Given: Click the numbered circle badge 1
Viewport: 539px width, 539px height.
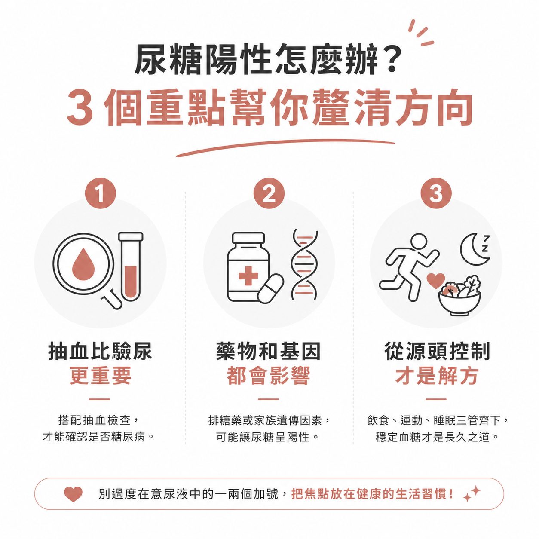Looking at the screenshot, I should pyautogui.click(x=100, y=193).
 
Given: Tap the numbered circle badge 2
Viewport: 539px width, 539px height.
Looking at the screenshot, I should pyautogui.click(x=269, y=193).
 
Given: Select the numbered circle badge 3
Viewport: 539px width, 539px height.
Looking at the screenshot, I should pyautogui.click(x=436, y=193).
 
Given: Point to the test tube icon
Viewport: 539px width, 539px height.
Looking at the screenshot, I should pyautogui.click(x=130, y=266).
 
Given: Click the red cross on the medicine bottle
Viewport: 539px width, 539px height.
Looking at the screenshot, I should pyautogui.click(x=248, y=276).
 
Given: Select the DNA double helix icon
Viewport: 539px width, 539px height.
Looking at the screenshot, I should pyautogui.click(x=304, y=264).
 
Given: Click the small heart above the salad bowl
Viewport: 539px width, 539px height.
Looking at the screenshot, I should pyautogui.click(x=435, y=281).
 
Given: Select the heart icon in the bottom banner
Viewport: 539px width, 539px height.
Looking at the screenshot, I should pyautogui.click(x=73, y=494).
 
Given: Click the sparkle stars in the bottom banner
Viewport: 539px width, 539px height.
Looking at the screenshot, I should pyautogui.click(x=472, y=494).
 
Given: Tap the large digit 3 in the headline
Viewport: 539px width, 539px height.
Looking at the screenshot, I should pyautogui.click(x=80, y=108).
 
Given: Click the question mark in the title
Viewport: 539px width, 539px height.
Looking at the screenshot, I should pyautogui.click(x=392, y=60).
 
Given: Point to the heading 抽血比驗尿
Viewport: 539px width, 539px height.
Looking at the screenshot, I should pyautogui.click(x=100, y=352).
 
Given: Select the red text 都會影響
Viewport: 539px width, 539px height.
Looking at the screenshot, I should pyautogui.click(x=269, y=376).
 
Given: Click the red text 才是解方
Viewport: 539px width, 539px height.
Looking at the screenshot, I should pyautogui.click(x=436, y=376).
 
